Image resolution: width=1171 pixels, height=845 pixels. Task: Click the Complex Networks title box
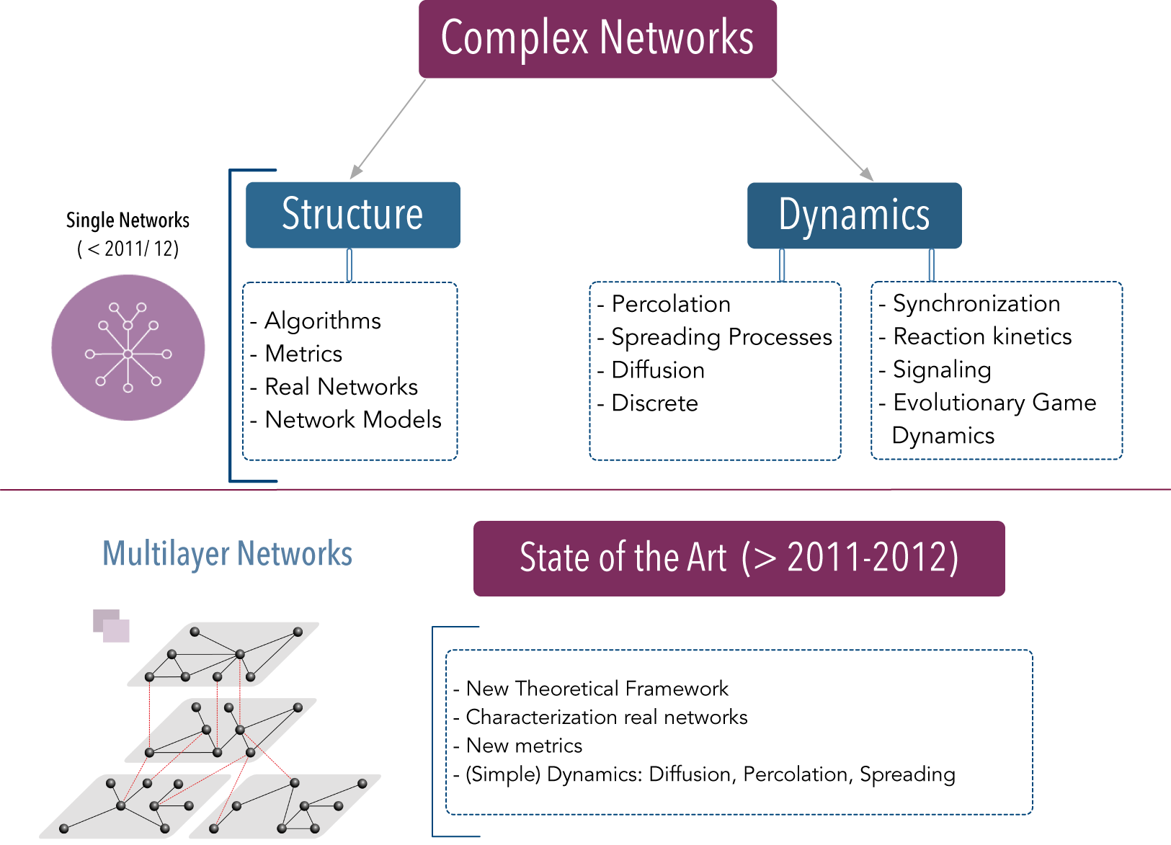(597, 39)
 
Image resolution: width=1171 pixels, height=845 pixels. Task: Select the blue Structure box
(353, 215)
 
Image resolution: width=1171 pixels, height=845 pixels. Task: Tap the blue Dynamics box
(854, 215)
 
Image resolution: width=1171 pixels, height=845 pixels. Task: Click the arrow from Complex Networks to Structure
(388, 128)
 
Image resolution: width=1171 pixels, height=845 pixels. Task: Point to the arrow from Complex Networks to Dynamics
(822, 130)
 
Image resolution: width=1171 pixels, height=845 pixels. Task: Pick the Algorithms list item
(316, 321)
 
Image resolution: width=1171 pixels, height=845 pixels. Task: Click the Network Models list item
(346, 420)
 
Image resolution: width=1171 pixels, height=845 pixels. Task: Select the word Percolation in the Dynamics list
(671, 304)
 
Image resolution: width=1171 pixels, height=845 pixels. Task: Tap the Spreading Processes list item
(715, 337)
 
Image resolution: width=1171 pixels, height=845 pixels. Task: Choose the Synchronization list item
(970, 303)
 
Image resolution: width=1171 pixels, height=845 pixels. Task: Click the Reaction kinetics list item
(976, 336)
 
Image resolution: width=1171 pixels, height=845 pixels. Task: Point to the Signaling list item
(935, 370)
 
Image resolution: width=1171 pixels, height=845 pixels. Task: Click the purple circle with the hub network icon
(128, 347)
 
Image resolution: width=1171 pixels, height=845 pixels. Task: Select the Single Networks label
(128, 220)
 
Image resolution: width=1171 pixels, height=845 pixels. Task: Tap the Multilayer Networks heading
(228, 554)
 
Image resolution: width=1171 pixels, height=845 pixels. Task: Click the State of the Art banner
(739, 558)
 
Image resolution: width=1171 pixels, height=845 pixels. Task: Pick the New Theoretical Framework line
(591, 689)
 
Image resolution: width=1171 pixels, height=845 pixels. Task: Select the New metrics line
(517, 746)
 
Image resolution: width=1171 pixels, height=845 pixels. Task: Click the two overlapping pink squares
(112, 625)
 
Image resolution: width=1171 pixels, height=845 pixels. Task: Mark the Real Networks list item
(334, 387)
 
